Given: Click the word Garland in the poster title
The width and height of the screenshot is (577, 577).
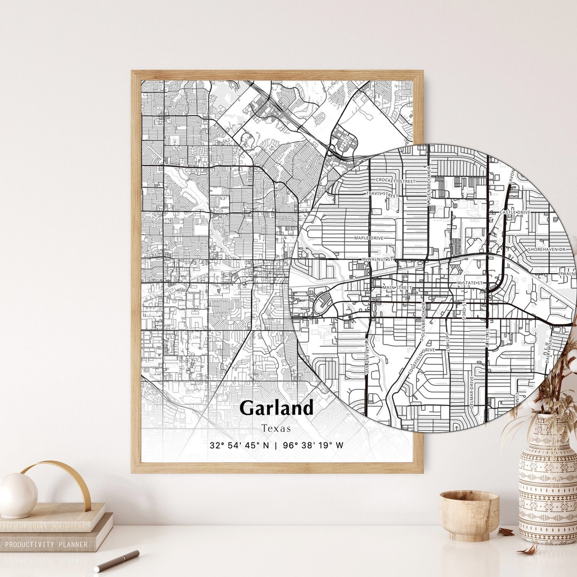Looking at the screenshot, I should [x=276, y=408].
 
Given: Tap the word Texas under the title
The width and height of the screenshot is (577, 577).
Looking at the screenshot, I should [x=276, y=428].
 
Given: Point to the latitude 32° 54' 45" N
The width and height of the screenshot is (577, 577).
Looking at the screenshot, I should [x=239, y=445].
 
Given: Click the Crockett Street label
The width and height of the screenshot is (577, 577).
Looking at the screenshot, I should [x=395, y=181].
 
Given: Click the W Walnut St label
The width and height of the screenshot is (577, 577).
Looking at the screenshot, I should [x=378, y=259].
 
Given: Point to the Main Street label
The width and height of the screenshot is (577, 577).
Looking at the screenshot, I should [x=397, y=288].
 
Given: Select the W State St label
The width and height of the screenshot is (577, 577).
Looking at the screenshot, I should [x=470, y=282].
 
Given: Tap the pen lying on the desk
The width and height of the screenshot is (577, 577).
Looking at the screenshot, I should [x=116, y=561].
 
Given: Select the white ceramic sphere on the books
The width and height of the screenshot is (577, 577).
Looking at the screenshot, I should [x=18, y=495].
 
